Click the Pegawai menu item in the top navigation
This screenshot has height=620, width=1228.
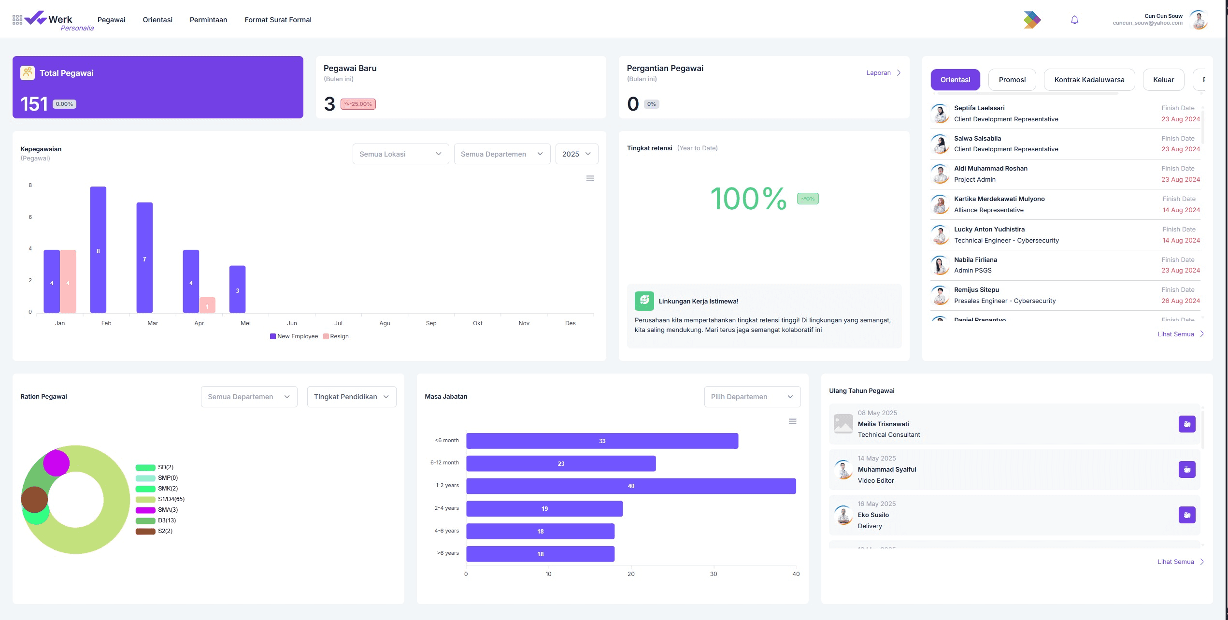click(111, 20)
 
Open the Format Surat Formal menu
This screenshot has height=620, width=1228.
click(278, 20)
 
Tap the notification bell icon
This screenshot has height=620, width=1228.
click(1074, 20)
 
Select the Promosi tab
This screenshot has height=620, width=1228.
click(1012, 80)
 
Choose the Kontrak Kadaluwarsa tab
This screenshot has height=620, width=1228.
click(1089, 80)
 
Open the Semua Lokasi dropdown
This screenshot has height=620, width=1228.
click(400, 154)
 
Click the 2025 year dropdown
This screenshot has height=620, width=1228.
click(576, 154)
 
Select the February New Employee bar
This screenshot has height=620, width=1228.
click(98, 250)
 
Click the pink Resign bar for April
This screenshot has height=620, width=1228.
click(207, 305)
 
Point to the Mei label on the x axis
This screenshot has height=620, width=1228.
click(245, 323)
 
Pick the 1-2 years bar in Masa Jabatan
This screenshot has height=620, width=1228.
click(631, 486)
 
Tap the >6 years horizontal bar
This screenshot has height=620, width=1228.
click(540, 554)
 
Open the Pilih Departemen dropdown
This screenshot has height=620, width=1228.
click(752, 397)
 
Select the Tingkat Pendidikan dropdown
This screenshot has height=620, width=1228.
click(352, 397)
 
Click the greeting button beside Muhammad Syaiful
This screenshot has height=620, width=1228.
click(1187, 470)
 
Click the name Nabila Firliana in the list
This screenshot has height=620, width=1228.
click(975, 260)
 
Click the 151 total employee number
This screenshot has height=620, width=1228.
click(34, 104)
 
